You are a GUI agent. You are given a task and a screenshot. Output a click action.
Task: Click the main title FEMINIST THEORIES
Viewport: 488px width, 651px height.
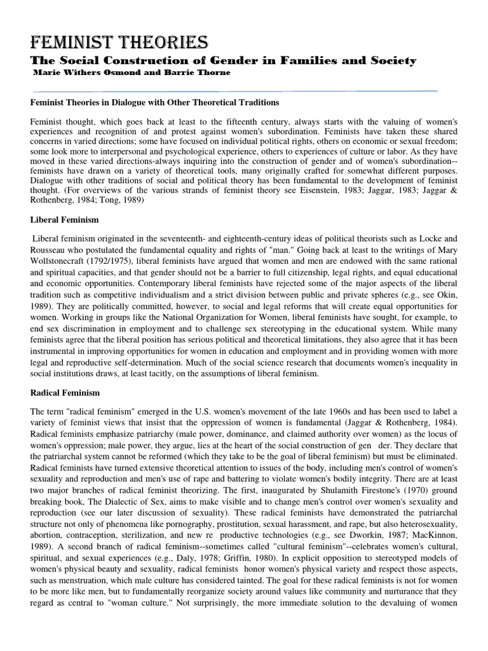click(119, 43)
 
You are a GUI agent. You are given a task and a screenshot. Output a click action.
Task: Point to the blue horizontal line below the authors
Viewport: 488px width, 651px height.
click(235, 92)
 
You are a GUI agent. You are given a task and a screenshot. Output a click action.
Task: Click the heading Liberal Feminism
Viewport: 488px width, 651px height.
click(64, 219)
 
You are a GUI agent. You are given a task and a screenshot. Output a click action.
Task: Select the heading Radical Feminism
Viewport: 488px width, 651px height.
click(65, 394)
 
